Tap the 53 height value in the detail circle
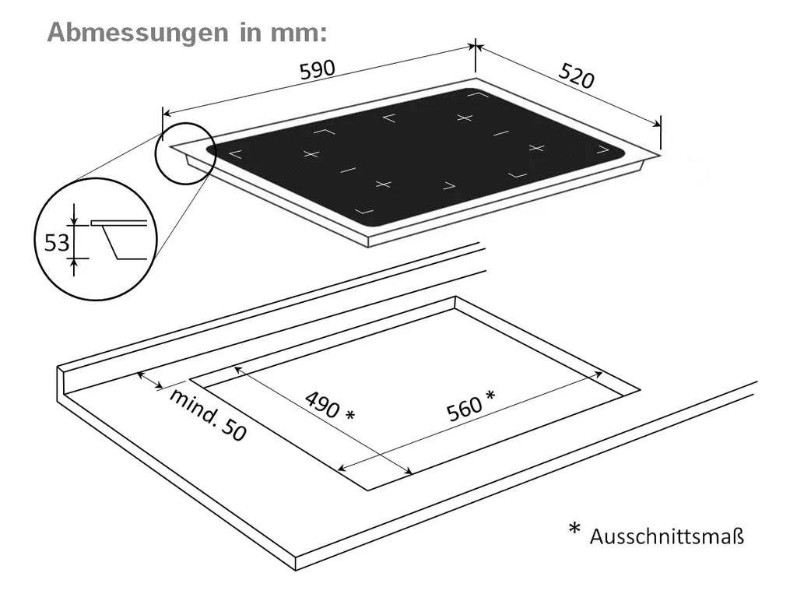point(56,244)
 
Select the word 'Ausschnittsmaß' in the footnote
point(667,536)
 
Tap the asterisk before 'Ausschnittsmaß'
point(574,530)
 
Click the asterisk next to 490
point(349,416)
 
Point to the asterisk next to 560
point(490,396)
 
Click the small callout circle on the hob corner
point(183,153)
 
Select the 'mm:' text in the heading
point(295,33)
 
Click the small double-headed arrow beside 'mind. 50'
point(150,380)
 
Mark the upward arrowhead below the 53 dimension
point(75,265)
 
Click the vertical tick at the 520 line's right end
point(660,132)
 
